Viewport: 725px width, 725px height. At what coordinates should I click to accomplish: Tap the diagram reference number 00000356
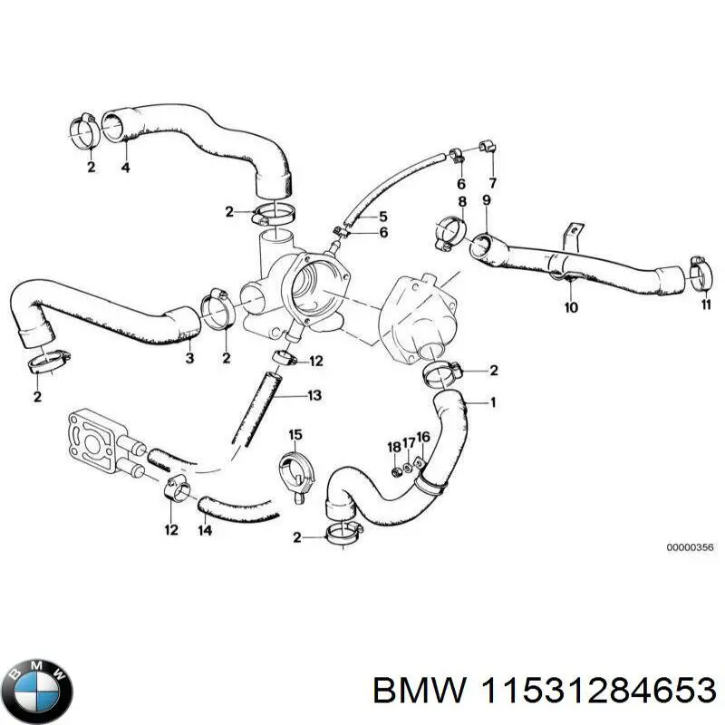click(x=691, y=548)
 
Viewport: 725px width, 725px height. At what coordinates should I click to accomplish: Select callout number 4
click(x=125, y=168)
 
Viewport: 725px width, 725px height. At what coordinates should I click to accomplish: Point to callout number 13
click(x=314, y=395)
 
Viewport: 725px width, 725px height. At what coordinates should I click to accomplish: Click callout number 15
click(x=295, y=436)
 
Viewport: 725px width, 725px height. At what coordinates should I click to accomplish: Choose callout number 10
click(x=571, y=308)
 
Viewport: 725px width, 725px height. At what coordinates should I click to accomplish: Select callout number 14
click(x=206, y=531)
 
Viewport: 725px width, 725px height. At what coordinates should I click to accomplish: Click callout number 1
click(x=493, y=402)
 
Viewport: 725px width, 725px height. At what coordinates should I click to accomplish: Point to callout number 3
click(x=189, y=360)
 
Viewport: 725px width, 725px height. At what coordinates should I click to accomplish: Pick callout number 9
click(x=486, y=199)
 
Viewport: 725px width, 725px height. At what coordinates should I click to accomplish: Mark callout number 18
click(x=393, y=447)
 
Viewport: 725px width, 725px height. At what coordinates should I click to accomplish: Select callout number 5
click(x=382, y=216)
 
